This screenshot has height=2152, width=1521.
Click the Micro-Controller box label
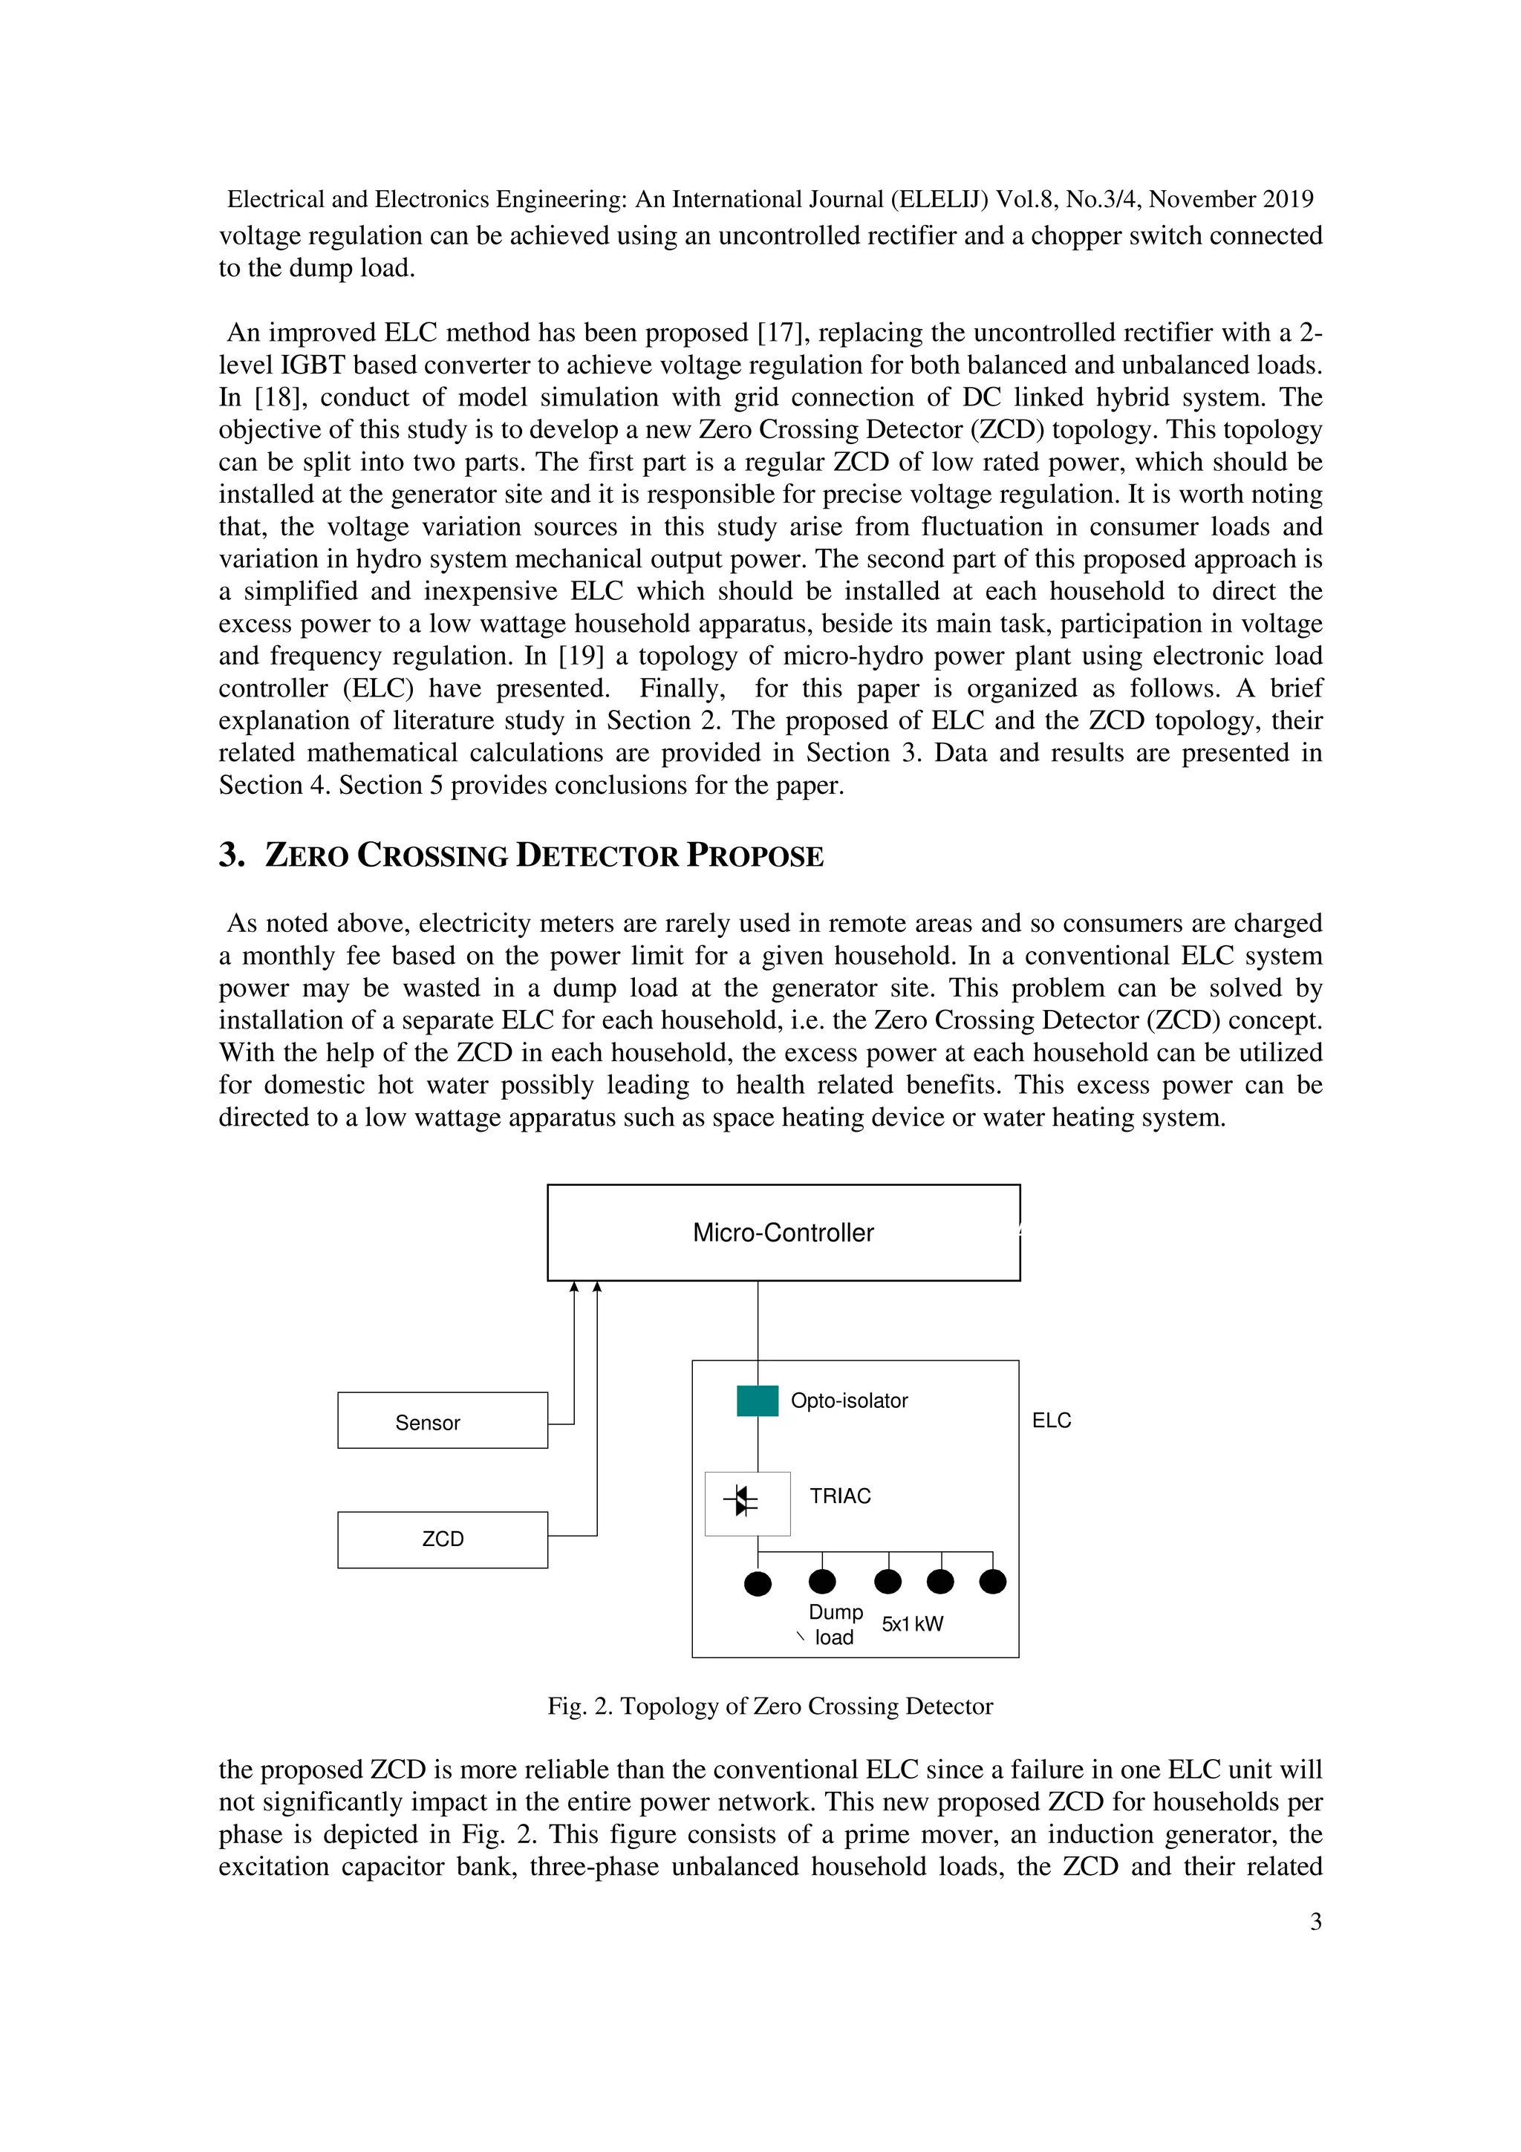point(783,1233)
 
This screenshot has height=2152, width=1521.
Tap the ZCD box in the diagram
point(443,1539)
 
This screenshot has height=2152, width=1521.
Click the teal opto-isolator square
point(758,1401)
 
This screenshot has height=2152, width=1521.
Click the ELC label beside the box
point(1051,1420)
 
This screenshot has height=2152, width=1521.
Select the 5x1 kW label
point(912,1623)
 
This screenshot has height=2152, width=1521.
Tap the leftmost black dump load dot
point(758,1584)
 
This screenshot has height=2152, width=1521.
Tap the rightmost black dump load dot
point(992,1582)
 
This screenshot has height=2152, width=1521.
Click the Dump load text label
point(835,1624)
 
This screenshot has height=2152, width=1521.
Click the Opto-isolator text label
point(849,1401)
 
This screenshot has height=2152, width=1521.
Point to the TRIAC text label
point(840,1496)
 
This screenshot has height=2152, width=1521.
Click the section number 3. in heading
point(232,855)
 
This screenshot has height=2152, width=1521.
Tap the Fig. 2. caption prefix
point(579,1706)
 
